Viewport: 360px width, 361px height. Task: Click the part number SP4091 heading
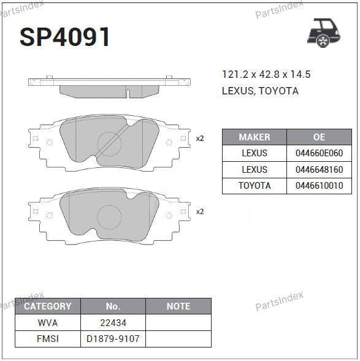65,37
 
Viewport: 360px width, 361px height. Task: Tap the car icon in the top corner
323,32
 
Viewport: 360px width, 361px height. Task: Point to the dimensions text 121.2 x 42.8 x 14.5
266,75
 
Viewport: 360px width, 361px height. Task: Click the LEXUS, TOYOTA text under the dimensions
260,91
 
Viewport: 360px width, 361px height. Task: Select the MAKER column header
254,137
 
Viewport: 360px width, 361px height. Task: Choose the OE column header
319,137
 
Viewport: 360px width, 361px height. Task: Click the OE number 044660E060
319,153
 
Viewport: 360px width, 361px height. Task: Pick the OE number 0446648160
319,169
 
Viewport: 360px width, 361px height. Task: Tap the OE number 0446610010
319,186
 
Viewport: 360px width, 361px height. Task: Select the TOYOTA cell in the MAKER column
254,186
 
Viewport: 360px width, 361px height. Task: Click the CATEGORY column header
47,306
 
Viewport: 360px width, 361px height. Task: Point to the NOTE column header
178,306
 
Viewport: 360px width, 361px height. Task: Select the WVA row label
47,322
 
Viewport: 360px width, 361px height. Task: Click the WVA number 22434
113,322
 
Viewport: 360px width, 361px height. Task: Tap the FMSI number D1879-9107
113,338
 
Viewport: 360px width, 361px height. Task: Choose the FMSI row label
47,338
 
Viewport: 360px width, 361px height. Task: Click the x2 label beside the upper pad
199,139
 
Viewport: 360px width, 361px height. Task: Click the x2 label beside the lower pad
199,211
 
